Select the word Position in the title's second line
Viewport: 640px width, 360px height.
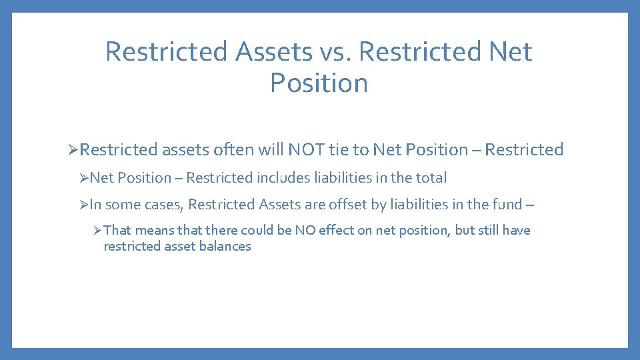[319, 83]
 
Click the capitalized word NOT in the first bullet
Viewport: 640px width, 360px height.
[306, 150]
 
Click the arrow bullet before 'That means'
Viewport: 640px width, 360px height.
[97, 231]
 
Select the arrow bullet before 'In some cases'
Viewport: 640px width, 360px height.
[83, 205]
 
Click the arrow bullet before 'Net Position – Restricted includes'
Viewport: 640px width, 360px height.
[83, 178]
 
